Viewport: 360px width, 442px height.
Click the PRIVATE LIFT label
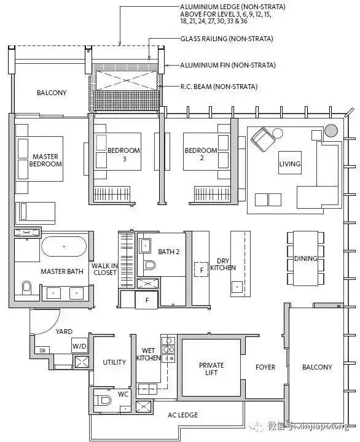(211, 369)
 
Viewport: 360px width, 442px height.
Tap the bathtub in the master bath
(64, 246)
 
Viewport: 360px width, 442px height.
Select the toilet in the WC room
(103, 400)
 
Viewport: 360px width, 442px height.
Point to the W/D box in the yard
(79, 346)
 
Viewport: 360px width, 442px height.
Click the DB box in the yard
(42, 351)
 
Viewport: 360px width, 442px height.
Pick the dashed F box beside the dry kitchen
(202, 270)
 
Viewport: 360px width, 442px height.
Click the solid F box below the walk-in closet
(146, 300)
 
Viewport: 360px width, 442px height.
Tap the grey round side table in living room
(331, 131)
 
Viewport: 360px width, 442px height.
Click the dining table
(305, 258)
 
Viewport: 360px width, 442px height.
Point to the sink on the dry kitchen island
(237, 287)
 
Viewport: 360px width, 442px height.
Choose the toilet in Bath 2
(150, 265)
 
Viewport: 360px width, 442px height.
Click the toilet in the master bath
(26, 287)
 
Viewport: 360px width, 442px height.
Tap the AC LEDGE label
(182, 415)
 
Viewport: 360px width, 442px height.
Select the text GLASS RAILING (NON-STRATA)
(227, 39)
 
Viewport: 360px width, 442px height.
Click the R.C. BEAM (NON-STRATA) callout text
(219, 87)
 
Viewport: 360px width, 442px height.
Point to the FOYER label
(265, 367)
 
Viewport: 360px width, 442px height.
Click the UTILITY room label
(114, 362)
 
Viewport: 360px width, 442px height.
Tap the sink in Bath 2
(145, 246)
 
